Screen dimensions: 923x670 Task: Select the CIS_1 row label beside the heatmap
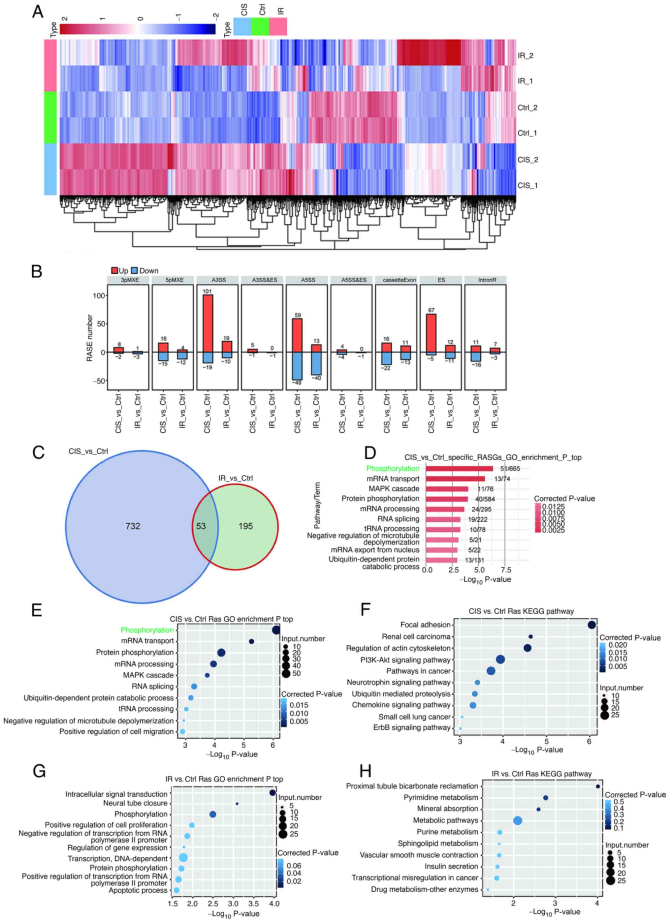point(527,186)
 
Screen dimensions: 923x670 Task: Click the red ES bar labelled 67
point(431,333)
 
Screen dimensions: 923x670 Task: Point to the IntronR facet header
point(486,280)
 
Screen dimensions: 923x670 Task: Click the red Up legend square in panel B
point(114,271)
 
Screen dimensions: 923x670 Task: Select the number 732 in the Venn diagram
point(133,526)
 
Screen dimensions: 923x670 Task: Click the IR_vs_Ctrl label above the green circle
point(235,478)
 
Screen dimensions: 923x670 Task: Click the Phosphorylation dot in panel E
point(276,630)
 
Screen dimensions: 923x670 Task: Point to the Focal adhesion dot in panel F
point(591,625)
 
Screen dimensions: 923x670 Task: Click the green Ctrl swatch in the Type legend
point(260,27)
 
